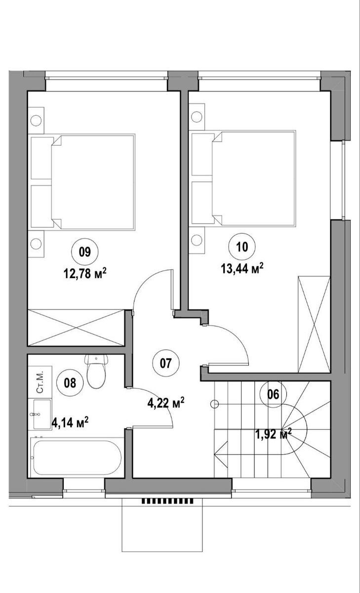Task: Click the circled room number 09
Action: [84, 252]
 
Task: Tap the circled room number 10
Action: [242, 247]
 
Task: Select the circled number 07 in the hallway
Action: [166, 363]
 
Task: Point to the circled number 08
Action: [70, 383]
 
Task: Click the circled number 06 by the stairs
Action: [273, 394]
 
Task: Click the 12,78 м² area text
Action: [84, 273]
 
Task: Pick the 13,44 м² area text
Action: [242, 269]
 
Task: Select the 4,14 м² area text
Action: [70, 423]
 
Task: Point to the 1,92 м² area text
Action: [273, 434]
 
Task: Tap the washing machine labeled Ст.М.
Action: [40, 382]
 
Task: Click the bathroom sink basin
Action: [42, 414]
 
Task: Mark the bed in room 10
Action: [243, 179]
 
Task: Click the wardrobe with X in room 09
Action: [76, 328]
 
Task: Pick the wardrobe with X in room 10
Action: [314, 324]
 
